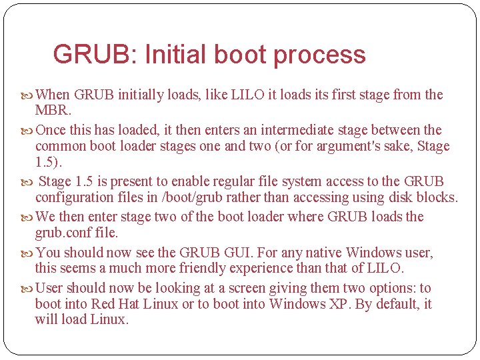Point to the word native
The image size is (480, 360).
pyautogui.click(x=322, y=253)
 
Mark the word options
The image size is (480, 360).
pyautogui.click(x=395, y=288)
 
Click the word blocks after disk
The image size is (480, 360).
pyautogui.click(x=437, y=197)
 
